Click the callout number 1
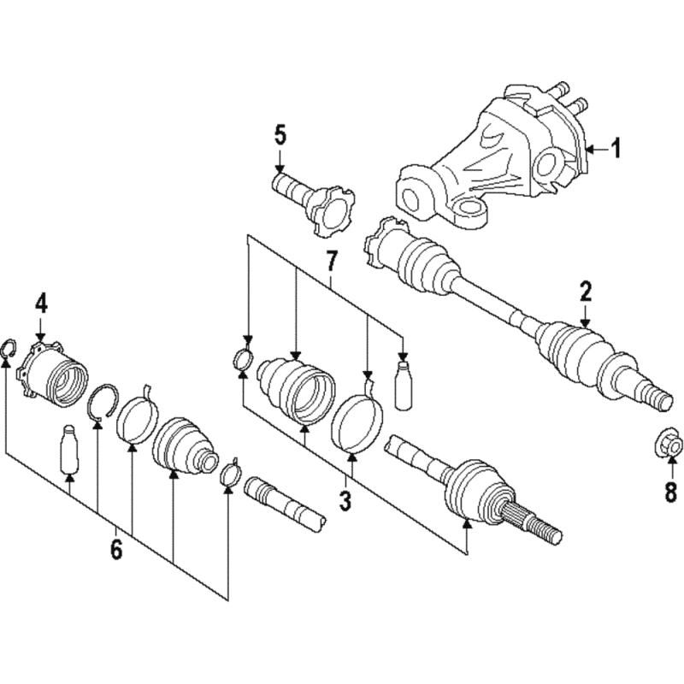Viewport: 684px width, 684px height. click(615, 149)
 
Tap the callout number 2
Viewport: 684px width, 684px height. click(585, 292)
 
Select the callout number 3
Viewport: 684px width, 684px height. click(345, 502)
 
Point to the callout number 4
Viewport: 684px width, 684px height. click(40, 304)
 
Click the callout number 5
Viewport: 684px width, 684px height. click(280, 136)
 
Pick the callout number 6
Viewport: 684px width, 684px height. click(116, 550)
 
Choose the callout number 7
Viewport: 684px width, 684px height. click(331, 262)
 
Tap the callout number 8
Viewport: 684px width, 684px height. click(670, 493)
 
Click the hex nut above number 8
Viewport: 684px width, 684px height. click(669, 445)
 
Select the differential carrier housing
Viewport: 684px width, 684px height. click(491, 159)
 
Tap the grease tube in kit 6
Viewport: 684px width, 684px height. click(69, 449)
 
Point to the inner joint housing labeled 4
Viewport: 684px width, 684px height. click(52, 372)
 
